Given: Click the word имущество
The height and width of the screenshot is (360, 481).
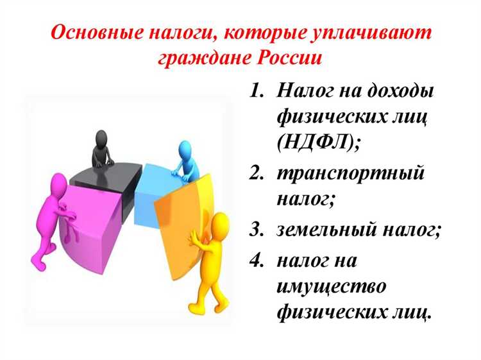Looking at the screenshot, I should pos(332,286).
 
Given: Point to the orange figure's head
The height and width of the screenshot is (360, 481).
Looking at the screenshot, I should pos(221,225).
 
